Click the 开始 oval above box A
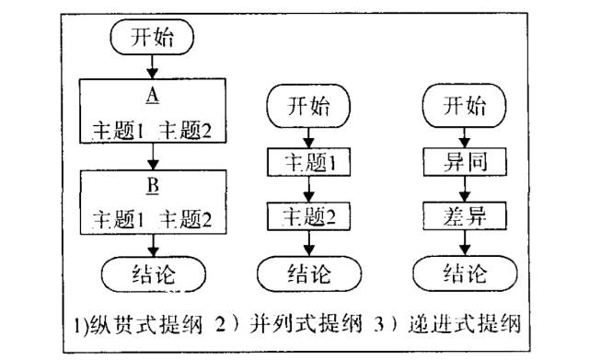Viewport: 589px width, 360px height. click(x=153, y=38)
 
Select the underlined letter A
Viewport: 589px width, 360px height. click(x=153, y=97)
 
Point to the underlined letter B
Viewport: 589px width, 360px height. click(x=153, y=184)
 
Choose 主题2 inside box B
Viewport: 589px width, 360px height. click(x=186, y=218)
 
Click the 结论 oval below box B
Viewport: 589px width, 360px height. click(x=153, y=273)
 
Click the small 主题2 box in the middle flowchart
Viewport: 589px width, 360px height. click(x=307, y=219)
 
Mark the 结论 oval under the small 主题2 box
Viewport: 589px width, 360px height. click(x=307, y=273)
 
